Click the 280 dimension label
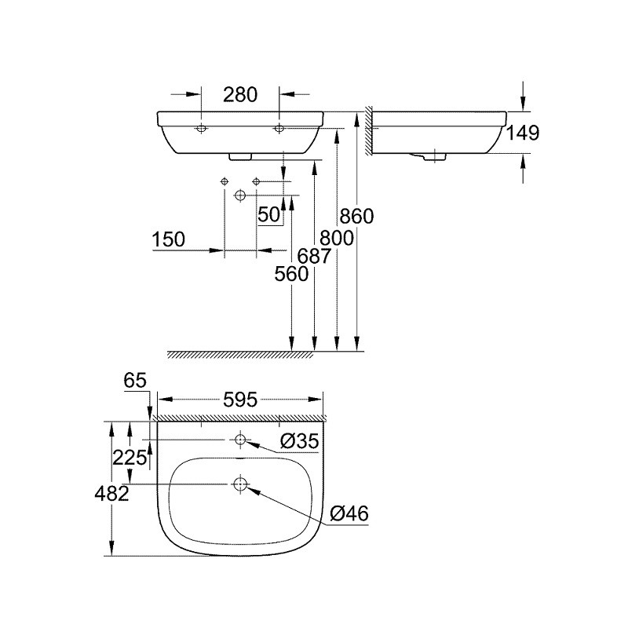(x=240, y=95)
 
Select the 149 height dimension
(x=523, y=133)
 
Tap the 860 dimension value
(x=356, y=217)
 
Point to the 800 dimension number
(x=337, y=239)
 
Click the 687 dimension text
(x=315, y=257)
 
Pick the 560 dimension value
(x=291, y=274)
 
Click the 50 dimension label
(x=268, y=214)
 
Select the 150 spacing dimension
(x=169, y=239)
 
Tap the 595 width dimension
(x=240, y=400)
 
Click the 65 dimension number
(x=135, y=380)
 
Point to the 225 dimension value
(x=130, y=458)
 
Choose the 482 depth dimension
(x=111, y=494)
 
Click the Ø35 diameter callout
(x=299, y=441)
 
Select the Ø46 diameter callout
(x=349, y=513)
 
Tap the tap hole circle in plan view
(x=240, y=440)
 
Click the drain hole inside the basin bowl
(x=240, y=484)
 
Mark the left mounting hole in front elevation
(x=201, y=129)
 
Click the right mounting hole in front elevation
(x=279, y=129)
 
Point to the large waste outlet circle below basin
(x=240, y=195)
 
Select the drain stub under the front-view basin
(x=240, y=156)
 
